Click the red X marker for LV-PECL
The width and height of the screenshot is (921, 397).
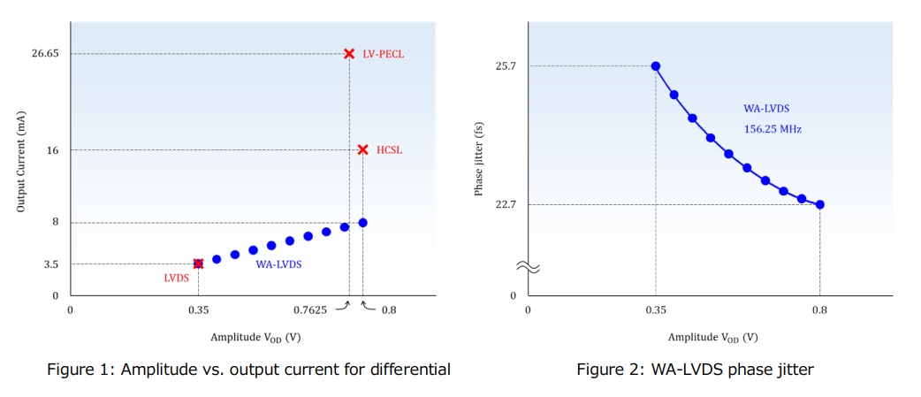coord(349,54)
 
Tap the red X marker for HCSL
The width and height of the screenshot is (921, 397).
coord(362,149)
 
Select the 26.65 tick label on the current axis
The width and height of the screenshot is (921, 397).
coord(44,54)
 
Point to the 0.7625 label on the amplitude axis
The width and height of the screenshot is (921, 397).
coord(309,309)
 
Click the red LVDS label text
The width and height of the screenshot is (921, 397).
coord(176,278)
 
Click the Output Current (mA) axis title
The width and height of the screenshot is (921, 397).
coord(20,167)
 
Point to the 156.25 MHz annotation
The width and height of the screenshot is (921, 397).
coord(773,129)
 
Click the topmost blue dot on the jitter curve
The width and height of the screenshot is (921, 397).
coord(656,66)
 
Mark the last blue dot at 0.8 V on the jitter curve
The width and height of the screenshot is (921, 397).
coord(820,204)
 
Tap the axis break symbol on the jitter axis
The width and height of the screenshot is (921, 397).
coord(528,266)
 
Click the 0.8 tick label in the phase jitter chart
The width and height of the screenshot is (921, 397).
coord(819,309)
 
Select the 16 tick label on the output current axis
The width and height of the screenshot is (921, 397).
coord(52,149)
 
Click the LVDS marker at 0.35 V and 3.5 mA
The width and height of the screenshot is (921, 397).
coord(198,263)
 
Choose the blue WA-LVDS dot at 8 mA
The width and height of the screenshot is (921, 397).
coord(362,223)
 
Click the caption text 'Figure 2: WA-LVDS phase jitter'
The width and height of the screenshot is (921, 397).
coord(695,370)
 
